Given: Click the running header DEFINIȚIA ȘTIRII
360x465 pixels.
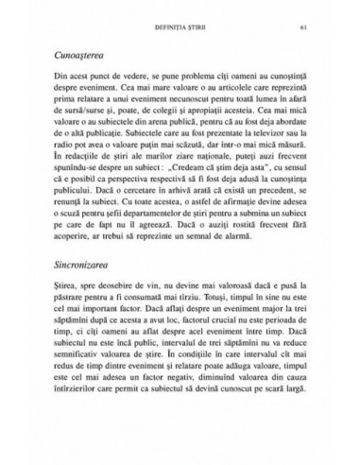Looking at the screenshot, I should [x=179, y=26].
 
